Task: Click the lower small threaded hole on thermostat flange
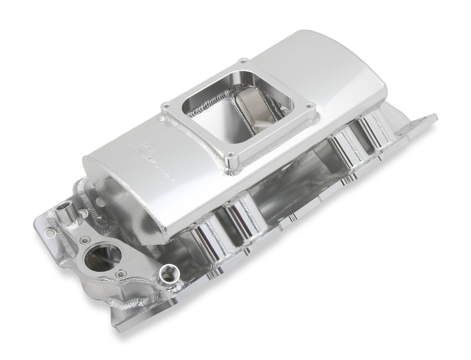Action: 121,274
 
